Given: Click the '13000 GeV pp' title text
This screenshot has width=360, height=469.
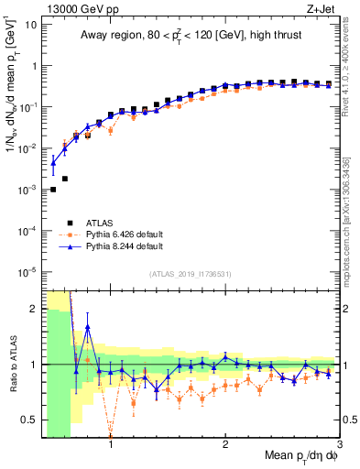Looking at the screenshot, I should [74, 7].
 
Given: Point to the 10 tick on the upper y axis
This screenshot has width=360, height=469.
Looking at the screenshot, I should [30, 25].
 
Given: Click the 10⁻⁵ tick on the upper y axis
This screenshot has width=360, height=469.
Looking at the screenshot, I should [27, 272].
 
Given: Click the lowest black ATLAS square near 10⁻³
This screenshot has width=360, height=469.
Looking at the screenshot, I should [53, 190].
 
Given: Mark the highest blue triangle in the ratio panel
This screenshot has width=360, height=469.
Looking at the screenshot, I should [88, 327].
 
